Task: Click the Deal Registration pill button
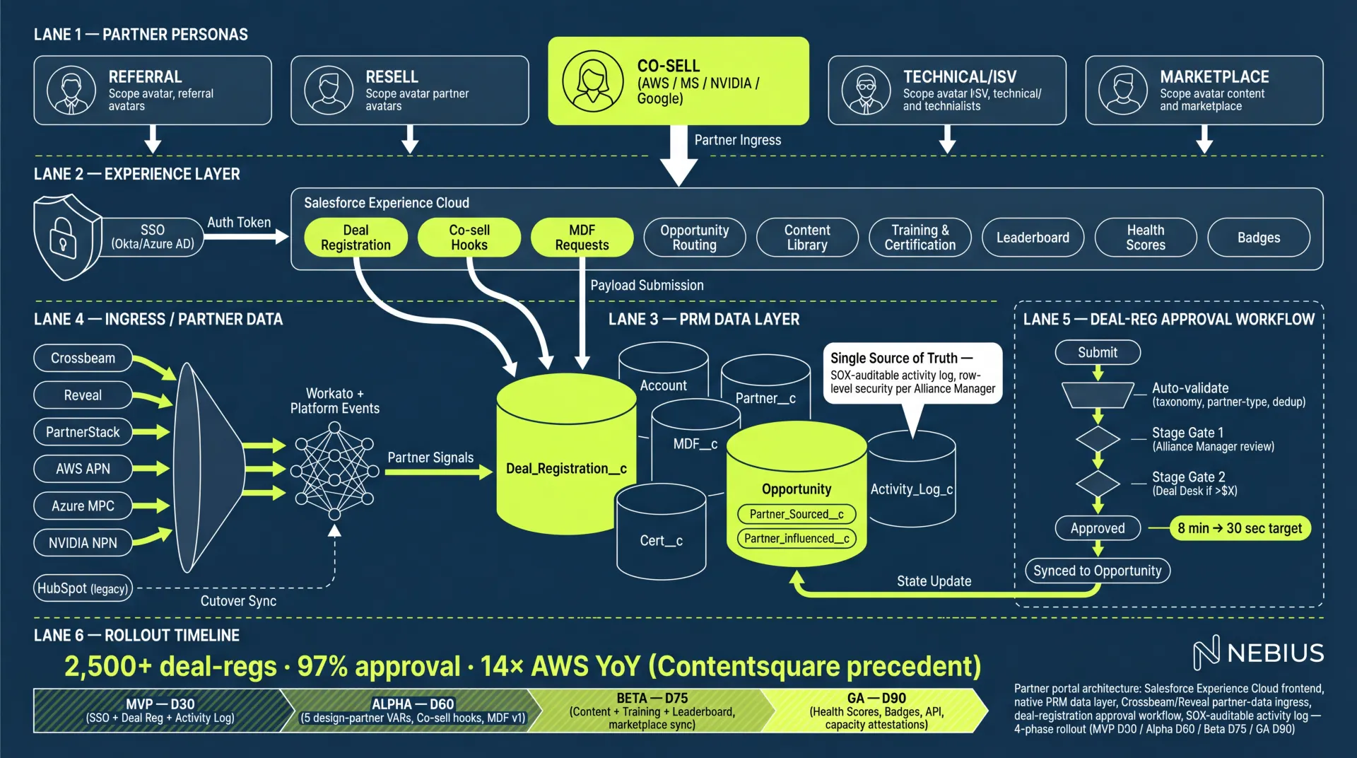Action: pyautogui.click(x=356, y=238)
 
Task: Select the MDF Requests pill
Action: pyautogui.click(x=582, y=238)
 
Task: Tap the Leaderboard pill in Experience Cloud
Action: pyautogui.click(x=1033, y=238)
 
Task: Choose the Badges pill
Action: pyautogui.click(x=1258, y=238)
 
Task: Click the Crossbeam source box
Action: pyautogui.click(x=83, y=358)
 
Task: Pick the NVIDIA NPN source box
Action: pyautogui.click(x=83, y=543)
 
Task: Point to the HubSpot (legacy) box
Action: pyautogui.click(x=83, y=588)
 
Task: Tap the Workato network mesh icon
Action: pyautogui.click(x=334, y=468)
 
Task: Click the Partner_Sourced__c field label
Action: pyautogui.click(x=797, y=514)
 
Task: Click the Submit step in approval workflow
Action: pyautogui.click(x=1097, y=352)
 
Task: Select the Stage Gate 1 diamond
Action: pyautogui.click(x=1098, y=439)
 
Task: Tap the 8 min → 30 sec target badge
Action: pyautogui.click(x=1240, y=528)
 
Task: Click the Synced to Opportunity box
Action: pyautogui.click(x=1097, y=571)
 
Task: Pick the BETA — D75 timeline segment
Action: pyautogui.click(x=652, y=710)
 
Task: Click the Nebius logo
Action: pyautogui.click(x=1258, y=652)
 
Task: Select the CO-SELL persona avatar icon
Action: pyautogui.click(x=593, y=81)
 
